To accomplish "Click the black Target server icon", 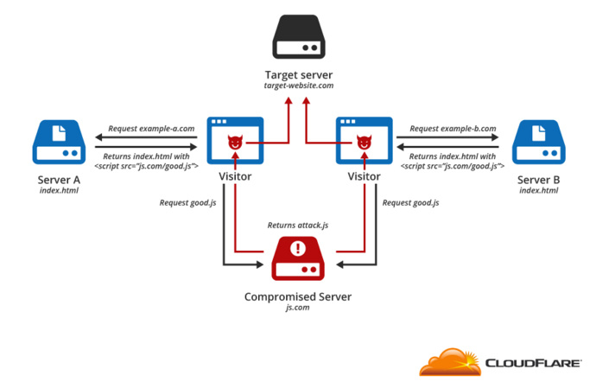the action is [299, 36].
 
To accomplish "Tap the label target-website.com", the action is [299, 86].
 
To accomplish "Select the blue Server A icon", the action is [59, 142].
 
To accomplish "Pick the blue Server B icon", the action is [539, 142].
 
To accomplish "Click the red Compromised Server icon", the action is [298, 258].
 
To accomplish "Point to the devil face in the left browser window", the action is [235, 143].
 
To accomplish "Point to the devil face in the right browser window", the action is [365, 143].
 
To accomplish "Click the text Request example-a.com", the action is [151, 129].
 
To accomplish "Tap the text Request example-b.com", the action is [453, 129].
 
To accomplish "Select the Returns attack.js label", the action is [298, 226].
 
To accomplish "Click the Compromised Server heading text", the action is [298, 296].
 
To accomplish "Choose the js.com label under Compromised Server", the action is [298, 308].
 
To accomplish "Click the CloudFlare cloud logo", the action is [450, 362].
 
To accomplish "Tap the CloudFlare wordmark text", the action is [533, 363].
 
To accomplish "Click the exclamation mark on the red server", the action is [298, 248].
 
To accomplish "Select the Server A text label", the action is [59, 180].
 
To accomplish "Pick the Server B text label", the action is [539, 180].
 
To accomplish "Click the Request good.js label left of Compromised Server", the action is [187, 203].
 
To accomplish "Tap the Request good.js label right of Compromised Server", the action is [410, 203].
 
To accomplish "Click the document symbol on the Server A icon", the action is [59, 133].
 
